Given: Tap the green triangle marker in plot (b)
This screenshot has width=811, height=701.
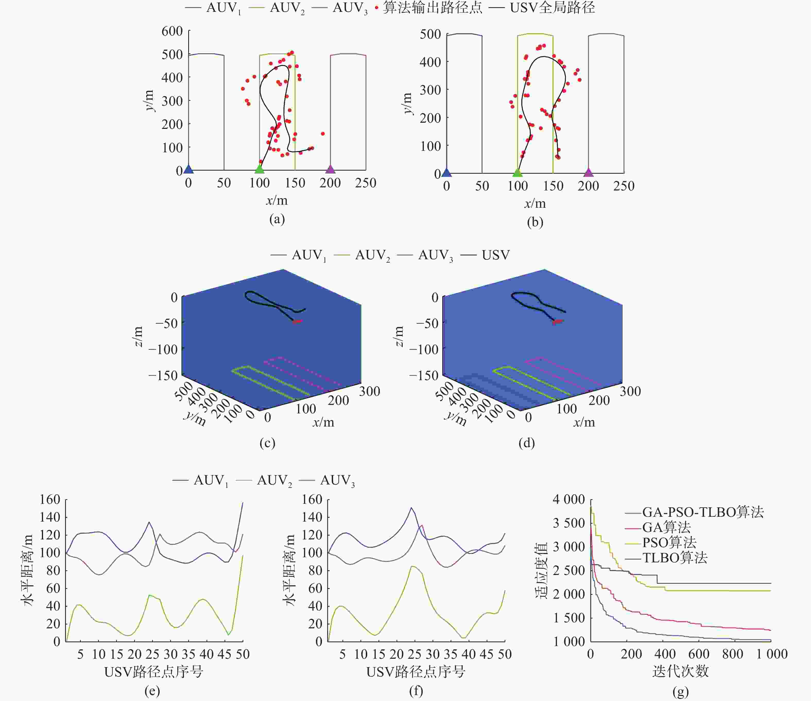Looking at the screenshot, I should (x=517, y=172).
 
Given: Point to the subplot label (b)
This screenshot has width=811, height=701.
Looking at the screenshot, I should (x=535, y=222).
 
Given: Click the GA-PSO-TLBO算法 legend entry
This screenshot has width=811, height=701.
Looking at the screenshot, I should (x=703, y=512).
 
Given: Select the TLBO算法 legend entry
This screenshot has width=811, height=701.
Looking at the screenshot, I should (x=675, y=558).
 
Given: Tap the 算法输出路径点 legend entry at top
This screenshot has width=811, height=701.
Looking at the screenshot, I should (x=432, y=8).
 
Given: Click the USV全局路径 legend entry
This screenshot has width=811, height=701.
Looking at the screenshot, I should (x=552, y=8).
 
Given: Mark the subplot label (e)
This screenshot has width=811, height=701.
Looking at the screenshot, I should (x=152, y=690).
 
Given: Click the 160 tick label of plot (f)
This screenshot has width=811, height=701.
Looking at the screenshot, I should (x=312, y=499).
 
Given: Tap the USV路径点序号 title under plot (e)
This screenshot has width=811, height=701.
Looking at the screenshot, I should (x=153, y=672).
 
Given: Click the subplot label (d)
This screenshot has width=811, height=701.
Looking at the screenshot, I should (x=527, y=443).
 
